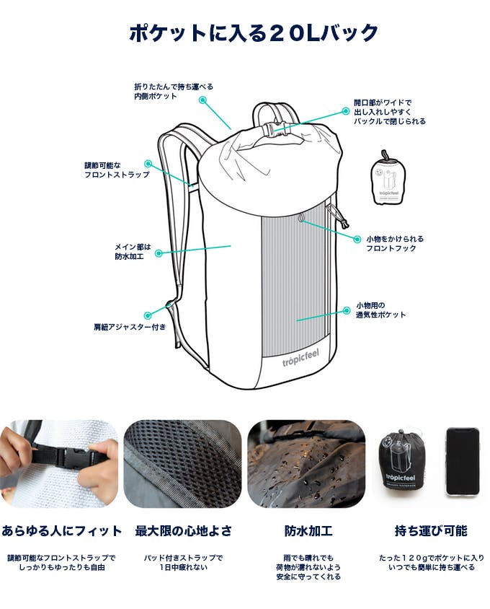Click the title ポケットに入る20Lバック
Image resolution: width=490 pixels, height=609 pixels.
253,32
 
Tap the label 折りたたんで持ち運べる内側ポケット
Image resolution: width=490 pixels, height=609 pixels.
174,92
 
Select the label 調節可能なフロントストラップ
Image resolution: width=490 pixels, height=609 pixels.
117,170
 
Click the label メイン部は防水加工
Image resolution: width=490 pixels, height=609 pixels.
133,252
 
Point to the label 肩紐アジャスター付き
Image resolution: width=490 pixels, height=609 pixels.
130,327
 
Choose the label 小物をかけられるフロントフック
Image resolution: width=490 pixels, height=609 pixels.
395,243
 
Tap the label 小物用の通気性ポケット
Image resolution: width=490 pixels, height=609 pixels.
380,310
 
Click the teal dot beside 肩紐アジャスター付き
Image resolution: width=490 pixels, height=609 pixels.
148,316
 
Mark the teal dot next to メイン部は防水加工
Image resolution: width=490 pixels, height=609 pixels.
159,253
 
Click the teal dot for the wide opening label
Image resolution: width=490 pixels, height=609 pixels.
346,111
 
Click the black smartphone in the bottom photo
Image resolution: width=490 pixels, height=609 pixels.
463,461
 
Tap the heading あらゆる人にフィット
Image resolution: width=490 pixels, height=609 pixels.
61,531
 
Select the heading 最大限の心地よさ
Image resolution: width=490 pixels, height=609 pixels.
183,531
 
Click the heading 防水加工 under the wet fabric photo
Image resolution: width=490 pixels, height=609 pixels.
308,531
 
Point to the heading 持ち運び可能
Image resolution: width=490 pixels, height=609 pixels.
431,531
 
